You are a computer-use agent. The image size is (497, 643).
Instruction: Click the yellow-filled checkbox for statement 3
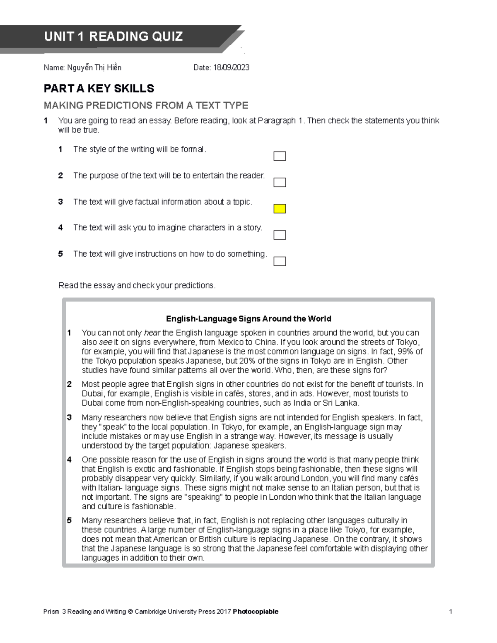pos(280,209)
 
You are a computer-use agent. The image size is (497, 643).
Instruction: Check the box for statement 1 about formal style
pos(280,156)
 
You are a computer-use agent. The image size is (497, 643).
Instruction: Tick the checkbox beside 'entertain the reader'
pos(280,182)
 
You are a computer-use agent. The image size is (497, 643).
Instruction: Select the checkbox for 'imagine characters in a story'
pos(280,235)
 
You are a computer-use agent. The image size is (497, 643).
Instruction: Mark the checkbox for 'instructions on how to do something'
pos(280,261)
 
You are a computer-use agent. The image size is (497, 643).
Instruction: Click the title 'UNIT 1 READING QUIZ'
pos(113,37)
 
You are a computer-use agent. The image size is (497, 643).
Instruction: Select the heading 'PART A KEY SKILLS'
pos(99,89)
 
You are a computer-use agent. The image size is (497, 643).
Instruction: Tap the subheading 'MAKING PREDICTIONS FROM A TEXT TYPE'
pos(146,106)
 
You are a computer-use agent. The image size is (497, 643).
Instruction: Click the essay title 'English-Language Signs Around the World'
pos(248,319)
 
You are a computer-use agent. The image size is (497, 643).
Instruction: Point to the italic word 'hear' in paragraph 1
pos(152,333)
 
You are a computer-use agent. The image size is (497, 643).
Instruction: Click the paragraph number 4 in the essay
pos(69,460)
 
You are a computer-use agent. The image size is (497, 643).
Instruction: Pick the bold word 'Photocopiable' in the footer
pos(256,612)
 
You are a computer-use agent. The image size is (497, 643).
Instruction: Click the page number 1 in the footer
pos(451,612)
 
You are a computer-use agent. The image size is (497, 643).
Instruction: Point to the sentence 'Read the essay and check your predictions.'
pos(137,286)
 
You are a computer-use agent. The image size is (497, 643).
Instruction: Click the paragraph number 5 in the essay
pos(69,521)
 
